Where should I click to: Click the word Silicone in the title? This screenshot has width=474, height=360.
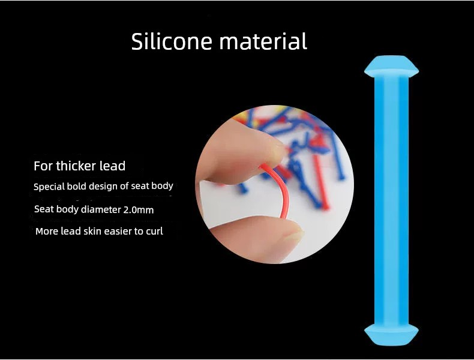[x=172, y=41]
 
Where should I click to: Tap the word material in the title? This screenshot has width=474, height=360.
[x=263, y=41]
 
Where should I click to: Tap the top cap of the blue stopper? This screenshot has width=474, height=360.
[x=391, y=66]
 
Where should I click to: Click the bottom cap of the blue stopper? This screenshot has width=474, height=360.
[x=391, y=335]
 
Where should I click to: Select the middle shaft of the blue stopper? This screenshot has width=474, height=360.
[x=391, y=201]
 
